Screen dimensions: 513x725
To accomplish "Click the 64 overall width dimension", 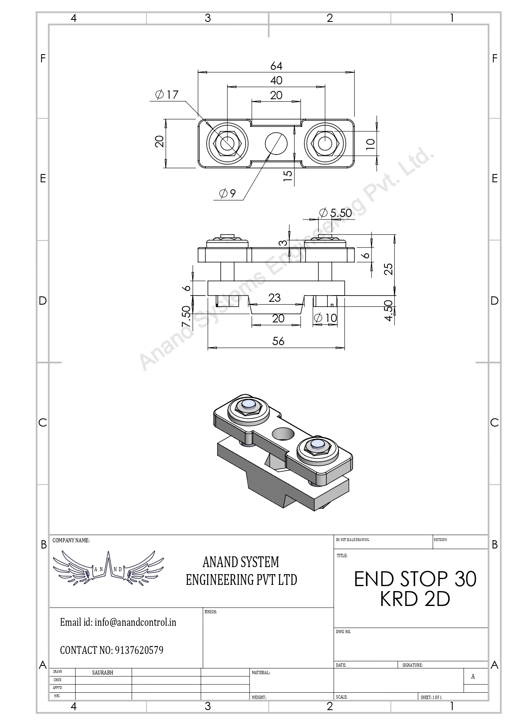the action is [x=276, y=66].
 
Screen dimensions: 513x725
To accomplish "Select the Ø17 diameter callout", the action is [x=167, y=95].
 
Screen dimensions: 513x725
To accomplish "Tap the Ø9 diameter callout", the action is [x=227, y=193].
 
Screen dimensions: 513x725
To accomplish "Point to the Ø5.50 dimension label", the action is [x=336, y=213].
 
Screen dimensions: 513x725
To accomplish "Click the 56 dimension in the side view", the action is [x=278, y=341].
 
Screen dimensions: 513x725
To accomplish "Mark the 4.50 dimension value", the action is [x=388, y=310].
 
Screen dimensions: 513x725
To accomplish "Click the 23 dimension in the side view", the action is [x=274, y=298].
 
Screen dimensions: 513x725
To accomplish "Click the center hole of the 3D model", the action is [x=283, y=434].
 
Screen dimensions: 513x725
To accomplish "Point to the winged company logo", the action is [x=108, y=568].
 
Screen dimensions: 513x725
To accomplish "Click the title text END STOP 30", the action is [x=415, y=579].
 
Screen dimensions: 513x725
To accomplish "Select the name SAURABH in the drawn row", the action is [x=103, y=673].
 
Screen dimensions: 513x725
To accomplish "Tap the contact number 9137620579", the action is [x=139, y=650].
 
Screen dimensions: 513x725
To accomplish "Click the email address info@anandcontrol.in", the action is [x=135, y=622].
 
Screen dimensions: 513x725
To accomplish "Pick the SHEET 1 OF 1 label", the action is [x=431, y=697].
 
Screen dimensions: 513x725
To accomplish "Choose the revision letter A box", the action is [x=473, y=677].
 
